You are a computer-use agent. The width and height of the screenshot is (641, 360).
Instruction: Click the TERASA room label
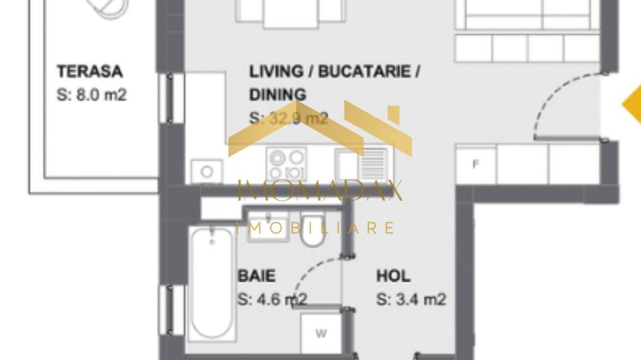pos(90,71)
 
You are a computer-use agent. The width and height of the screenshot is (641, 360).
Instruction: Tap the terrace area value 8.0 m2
pos(92,94)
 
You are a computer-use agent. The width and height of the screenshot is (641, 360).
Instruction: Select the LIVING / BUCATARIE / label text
pos(334,71)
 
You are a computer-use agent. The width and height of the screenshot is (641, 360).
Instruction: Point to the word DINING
pos(277,94)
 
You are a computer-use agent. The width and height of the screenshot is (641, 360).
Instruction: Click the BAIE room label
pos(257,276)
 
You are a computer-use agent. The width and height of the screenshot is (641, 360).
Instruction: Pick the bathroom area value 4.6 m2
pos(272,299)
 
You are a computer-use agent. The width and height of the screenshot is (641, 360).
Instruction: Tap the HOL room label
pos(394,276)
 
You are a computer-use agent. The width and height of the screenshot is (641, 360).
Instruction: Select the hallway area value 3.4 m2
pos(411,299)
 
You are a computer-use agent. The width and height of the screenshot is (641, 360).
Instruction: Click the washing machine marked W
pos(320,334)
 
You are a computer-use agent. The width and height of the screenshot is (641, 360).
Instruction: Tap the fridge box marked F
pos(476,164)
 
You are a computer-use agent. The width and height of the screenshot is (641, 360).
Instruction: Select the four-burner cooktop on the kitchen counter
pos(286,165)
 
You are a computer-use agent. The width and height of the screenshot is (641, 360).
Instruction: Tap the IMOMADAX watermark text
pos(320,191)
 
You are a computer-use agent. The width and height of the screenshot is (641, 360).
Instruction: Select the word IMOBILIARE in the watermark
pos(316,227)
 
